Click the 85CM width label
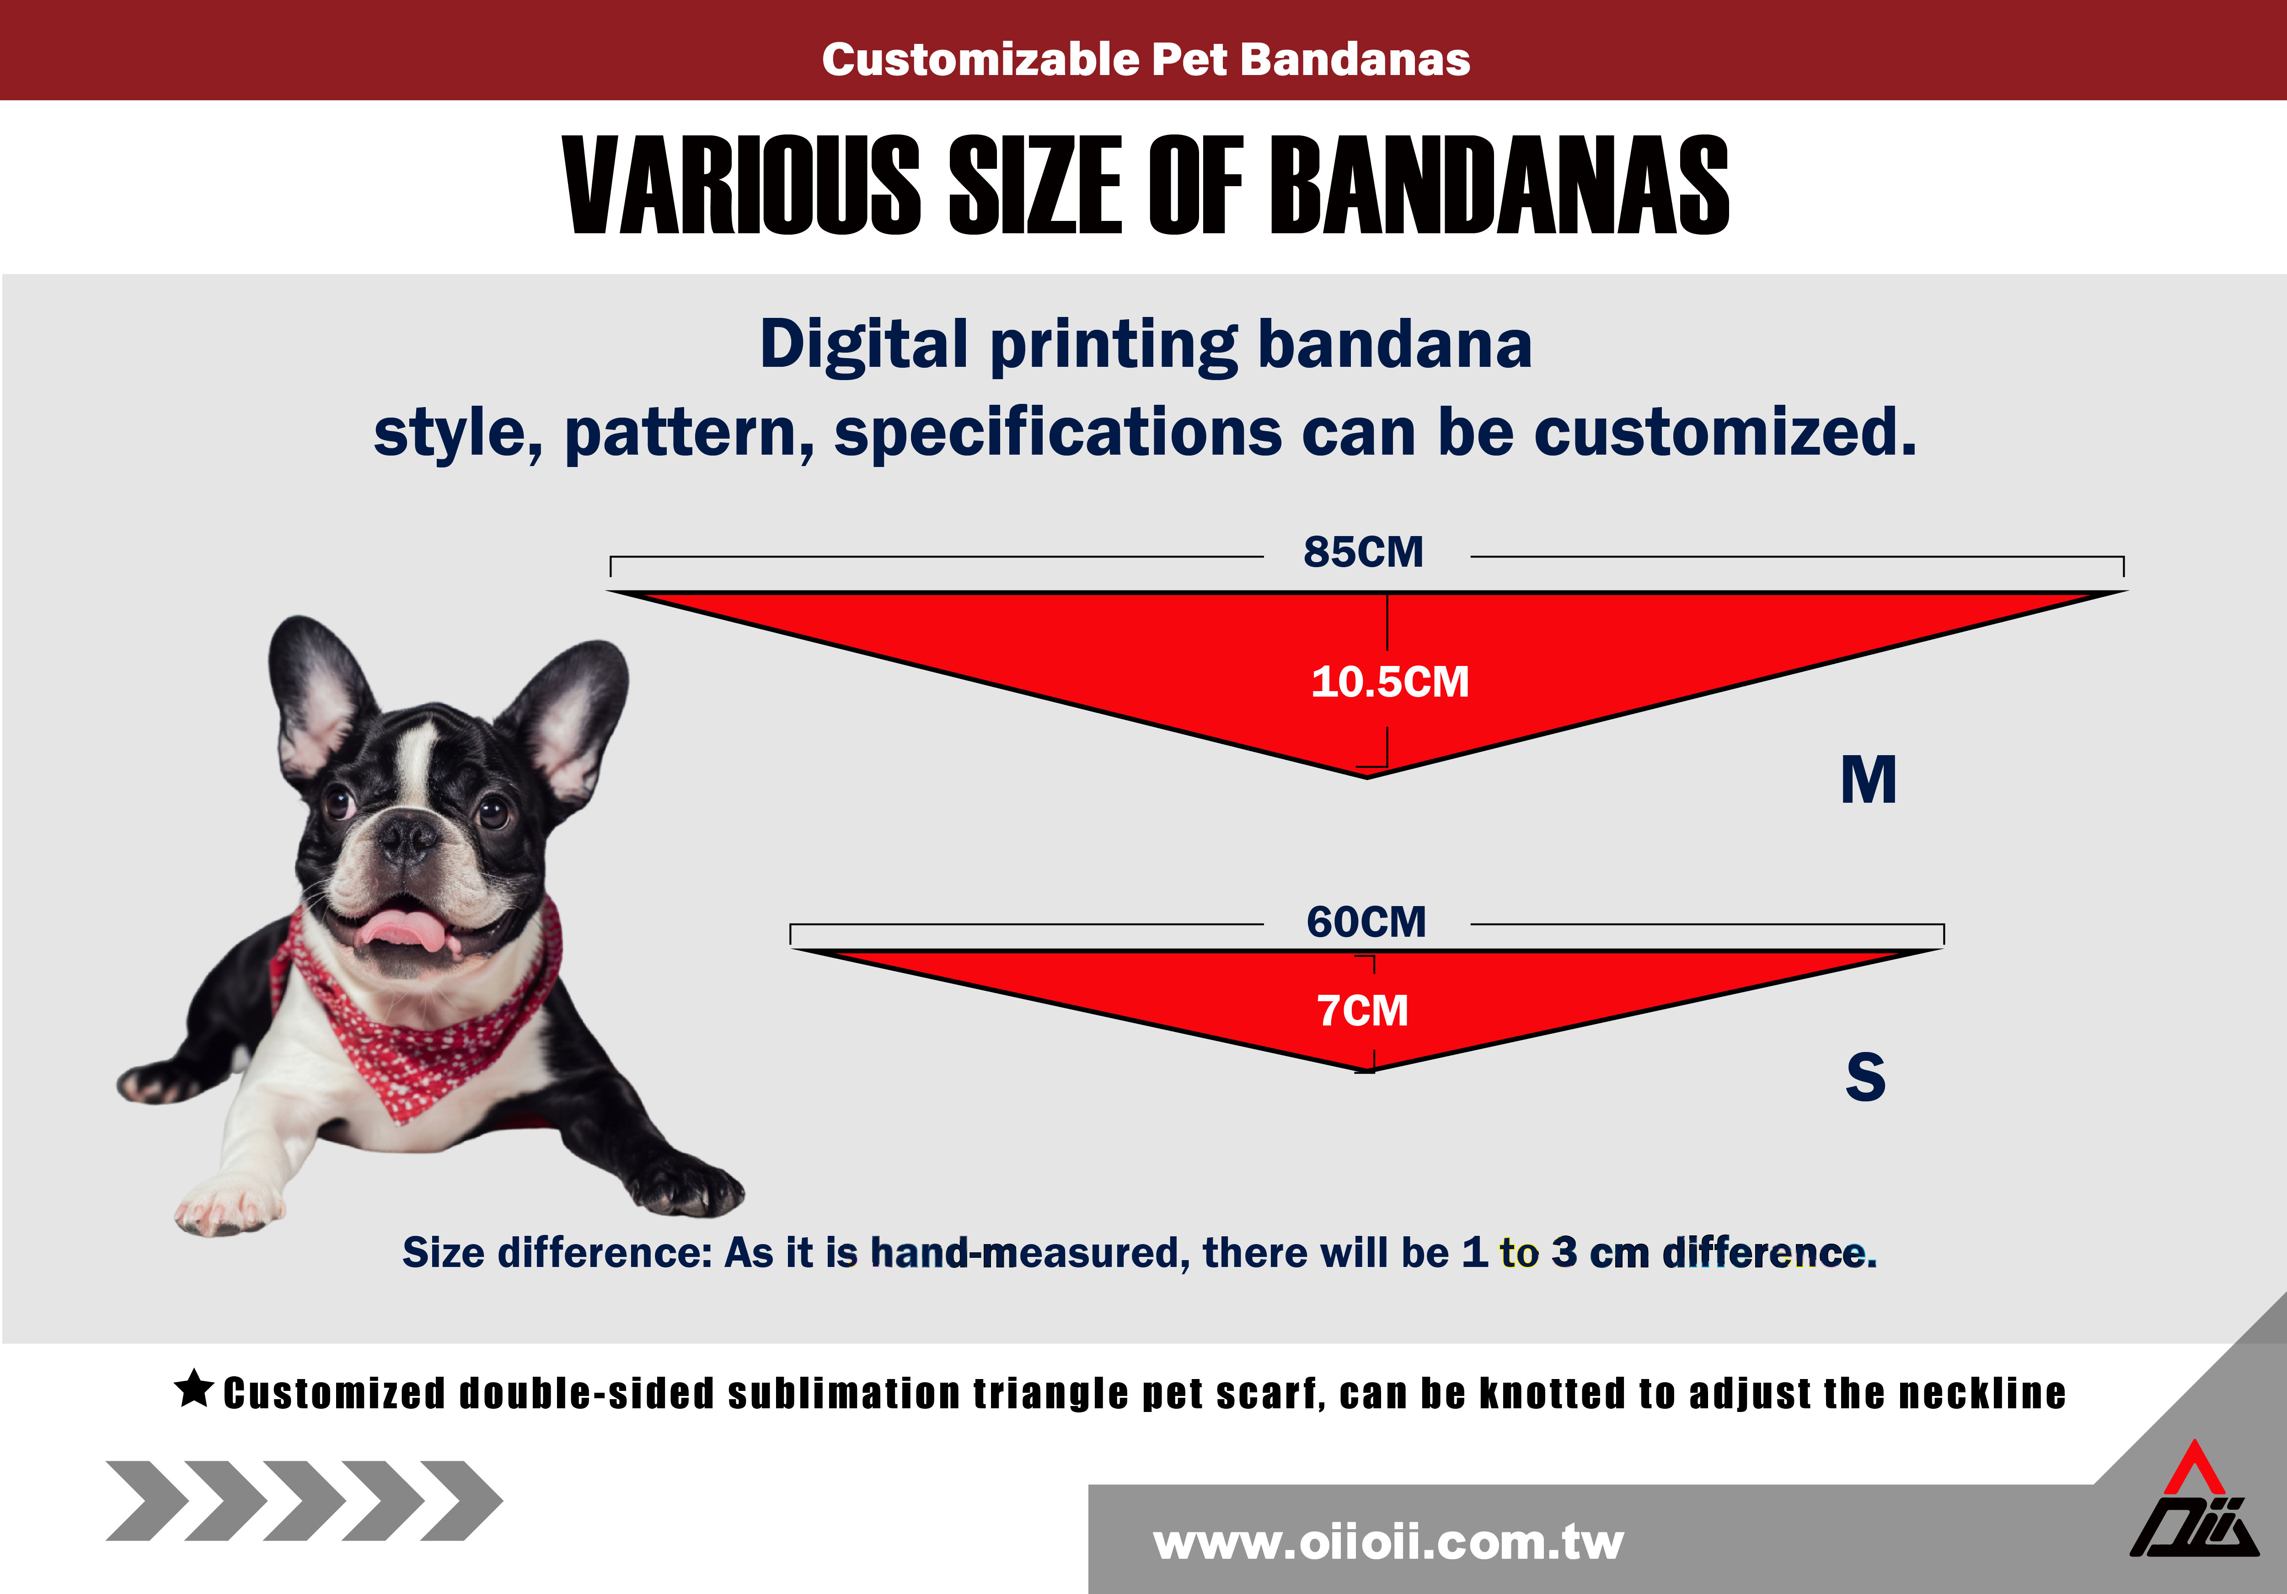click(x=1364, y=552)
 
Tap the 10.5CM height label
click(x=1389, y=682)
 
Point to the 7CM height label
click(x=1363, y=1011)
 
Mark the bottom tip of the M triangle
click(x=1366, y=778)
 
